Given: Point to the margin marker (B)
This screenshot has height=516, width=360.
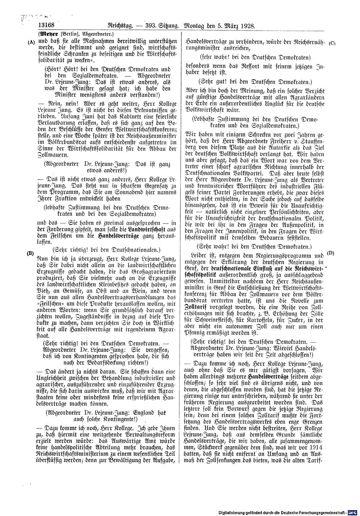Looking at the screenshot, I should click(31, 253).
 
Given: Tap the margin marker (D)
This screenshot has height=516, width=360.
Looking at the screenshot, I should click(331, 253).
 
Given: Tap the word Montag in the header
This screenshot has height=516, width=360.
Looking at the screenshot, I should click(196, 26).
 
